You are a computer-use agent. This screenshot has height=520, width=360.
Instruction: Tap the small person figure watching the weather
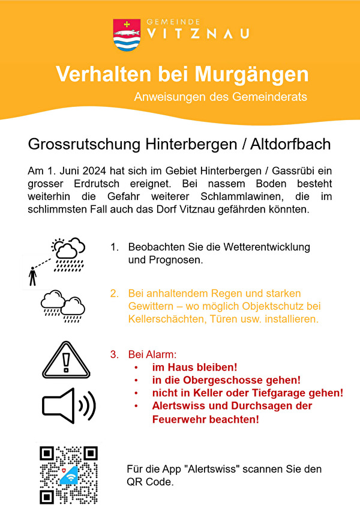(33, 277)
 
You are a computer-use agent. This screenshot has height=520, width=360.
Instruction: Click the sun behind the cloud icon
(59, 245)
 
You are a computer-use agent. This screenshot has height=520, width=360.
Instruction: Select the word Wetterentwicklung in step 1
(262, 247)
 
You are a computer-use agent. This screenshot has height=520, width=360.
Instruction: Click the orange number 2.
(113, 294)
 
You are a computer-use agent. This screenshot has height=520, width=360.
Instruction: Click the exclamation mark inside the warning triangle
(67, 363)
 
